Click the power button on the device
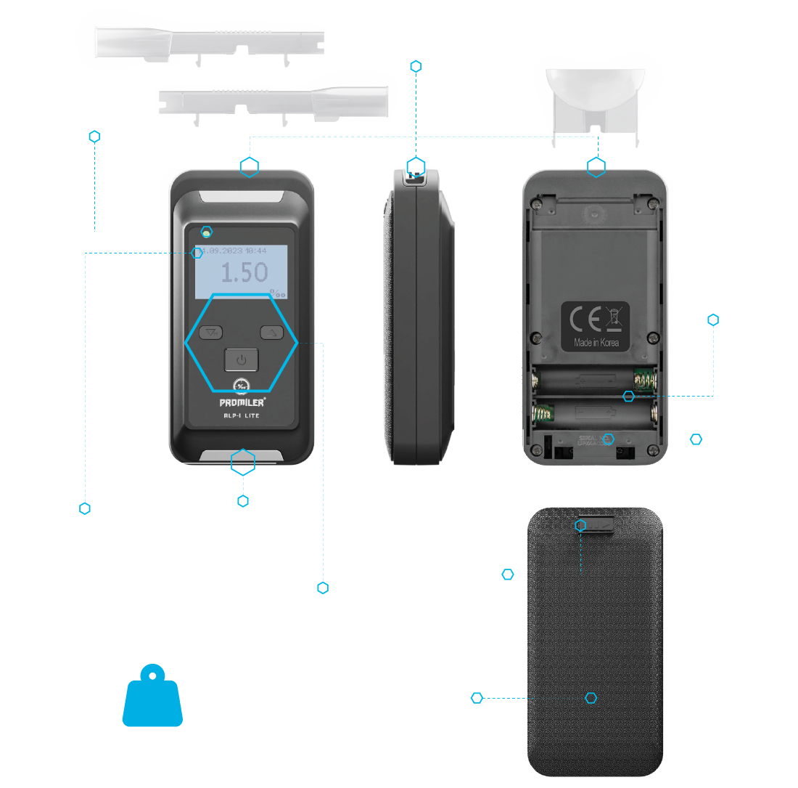pyautogui.click(x=242, y=360)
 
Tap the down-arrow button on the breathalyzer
pyautogui.click(x=210, y=333)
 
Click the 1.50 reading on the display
pyautogui.click(x=244, y=273)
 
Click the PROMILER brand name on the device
pyautogui.click(x=242, y=400)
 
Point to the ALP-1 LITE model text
pyautogui.click(x=242, y=414)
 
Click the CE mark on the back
pyautogui.click(x=585, y=319)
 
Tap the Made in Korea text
pyautogui.click(x=596, y=342)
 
